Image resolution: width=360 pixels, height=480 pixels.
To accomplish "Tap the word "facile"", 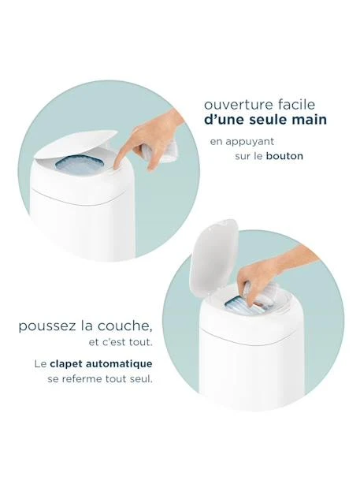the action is click(x=296, y=104).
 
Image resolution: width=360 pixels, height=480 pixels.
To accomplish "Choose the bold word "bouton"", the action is click(x=284, y=156).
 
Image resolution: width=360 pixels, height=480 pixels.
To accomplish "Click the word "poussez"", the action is click(x=47, y=326).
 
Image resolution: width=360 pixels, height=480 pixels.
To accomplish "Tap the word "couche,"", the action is click(x=124, y=326).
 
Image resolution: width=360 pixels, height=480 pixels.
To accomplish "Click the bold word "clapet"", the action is click(x=66, y=364).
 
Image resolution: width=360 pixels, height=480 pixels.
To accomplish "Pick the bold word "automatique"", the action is click(x=119, y=364).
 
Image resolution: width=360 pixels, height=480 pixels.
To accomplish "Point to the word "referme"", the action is click(x=81, y=379).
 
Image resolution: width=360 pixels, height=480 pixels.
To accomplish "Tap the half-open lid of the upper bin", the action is click(x=76, y=144).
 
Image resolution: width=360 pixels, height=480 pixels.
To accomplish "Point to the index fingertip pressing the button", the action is click(x=117, y=164).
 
